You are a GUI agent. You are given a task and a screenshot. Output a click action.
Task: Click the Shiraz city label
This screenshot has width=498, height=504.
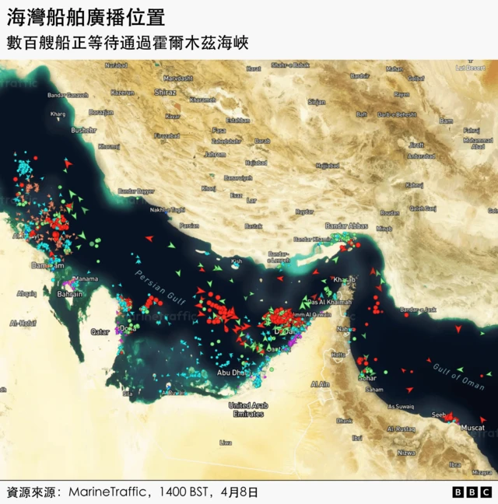(166, 92)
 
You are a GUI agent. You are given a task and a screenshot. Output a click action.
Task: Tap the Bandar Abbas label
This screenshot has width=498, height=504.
(347, 226)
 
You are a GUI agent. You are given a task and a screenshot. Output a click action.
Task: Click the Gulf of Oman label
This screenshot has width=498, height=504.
(458, 376)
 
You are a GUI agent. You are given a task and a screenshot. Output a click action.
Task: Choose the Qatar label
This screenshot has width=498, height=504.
(100, 331)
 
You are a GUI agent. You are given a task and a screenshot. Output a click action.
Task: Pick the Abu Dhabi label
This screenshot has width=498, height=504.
(233, 373)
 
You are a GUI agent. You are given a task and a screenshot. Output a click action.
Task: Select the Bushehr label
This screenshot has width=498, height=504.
(83, 130)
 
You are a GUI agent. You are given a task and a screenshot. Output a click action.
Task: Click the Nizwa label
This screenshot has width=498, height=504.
(405, 452)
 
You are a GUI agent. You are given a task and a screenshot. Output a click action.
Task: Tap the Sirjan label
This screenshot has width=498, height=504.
(317, 102)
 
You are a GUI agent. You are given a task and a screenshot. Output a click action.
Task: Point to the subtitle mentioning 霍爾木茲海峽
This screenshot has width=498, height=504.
(128, 43)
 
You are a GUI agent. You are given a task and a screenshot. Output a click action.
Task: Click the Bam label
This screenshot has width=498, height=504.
(446, 121)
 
